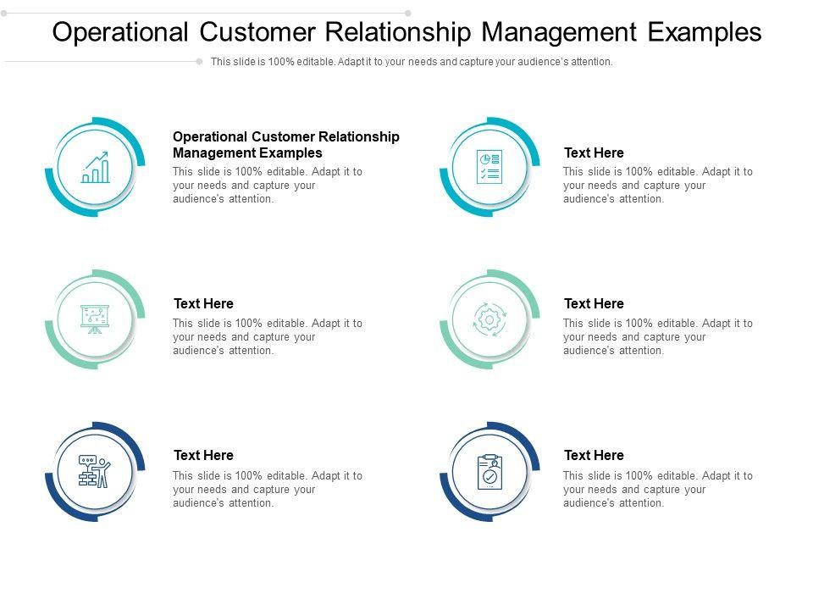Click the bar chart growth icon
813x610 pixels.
96,167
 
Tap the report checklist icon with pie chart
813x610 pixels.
489,167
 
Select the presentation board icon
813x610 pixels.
95,319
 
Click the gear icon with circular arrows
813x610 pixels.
489,319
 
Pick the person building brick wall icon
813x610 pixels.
94,471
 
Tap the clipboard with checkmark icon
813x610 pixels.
490,472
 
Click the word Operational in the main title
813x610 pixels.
120,32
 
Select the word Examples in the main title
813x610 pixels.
705,31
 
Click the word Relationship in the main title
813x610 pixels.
398,32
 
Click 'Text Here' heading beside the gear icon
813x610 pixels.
595,303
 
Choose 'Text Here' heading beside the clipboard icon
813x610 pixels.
595,455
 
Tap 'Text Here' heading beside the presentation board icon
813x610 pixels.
204,303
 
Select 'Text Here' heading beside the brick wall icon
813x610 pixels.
204,455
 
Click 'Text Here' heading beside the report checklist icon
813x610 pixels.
595,152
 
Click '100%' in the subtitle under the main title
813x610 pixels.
281,62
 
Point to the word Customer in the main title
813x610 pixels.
257,32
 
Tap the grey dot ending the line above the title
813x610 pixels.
408,13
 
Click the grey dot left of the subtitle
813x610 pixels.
199,62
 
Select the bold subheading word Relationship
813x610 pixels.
359,137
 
